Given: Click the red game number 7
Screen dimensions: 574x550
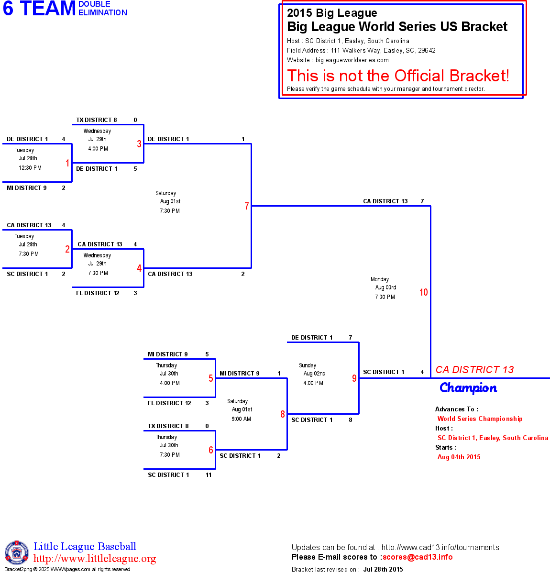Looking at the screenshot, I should tap(247, 206).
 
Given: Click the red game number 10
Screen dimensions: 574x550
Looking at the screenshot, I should tap(423, 292).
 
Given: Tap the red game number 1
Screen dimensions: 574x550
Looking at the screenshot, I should tap(67, 163).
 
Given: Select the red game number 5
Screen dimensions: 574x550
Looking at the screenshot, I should tap(210, 378).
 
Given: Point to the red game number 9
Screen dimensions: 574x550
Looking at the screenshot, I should tap(354, 378).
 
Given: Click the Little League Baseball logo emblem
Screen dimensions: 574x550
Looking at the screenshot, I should tap(17, 552).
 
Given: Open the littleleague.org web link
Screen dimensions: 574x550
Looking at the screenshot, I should tap(95, 559).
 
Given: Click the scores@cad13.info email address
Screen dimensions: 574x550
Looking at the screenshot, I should tap(418, 557).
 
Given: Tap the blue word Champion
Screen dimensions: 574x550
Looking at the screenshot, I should tap(468, 388).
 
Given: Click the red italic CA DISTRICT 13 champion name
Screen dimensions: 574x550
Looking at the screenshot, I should tap(474, 370).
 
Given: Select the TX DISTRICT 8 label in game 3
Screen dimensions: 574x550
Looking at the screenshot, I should tap(97, 120).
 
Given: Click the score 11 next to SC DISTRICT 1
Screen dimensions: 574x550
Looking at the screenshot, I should tap(209, 475).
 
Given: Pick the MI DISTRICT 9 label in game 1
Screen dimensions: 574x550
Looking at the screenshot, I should tap(27, 188).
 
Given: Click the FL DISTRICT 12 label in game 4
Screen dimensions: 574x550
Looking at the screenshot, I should tap(98, 293).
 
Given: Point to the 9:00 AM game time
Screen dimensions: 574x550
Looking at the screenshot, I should tap(241, 419).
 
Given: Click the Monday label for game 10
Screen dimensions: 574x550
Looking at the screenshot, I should tap(380, 279).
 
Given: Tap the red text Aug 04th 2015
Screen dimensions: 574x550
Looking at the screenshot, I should tap(459, 457).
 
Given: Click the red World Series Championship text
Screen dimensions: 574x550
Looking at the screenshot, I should tap(480, 419).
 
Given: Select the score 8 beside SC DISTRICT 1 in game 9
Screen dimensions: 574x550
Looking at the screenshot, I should tap(351, 420).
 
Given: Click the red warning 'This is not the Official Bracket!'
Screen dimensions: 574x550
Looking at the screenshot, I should tap(398, 76).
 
